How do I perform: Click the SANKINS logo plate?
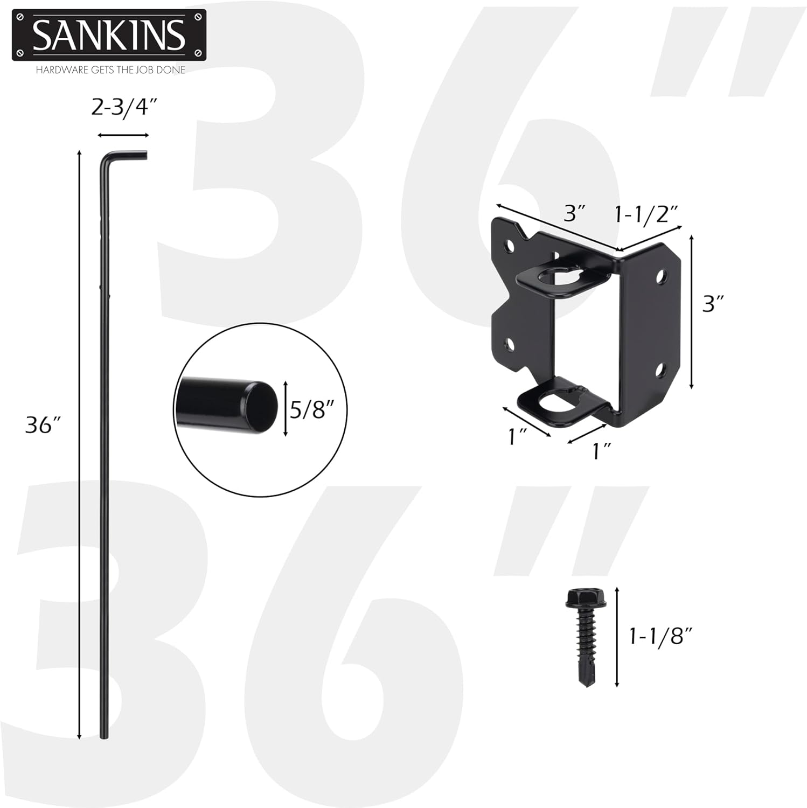(x=109, y=36)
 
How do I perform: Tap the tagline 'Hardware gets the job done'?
(x=110, y=70)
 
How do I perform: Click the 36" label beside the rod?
(x=46, y=426)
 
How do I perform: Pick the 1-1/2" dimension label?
(x=646, y=214)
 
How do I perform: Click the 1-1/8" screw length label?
(x=660, y=637)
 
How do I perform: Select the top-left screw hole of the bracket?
(x=509, y=247)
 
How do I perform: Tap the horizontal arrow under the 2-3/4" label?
(x=123, y=135)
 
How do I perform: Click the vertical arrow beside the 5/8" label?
(x=286, y=409)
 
